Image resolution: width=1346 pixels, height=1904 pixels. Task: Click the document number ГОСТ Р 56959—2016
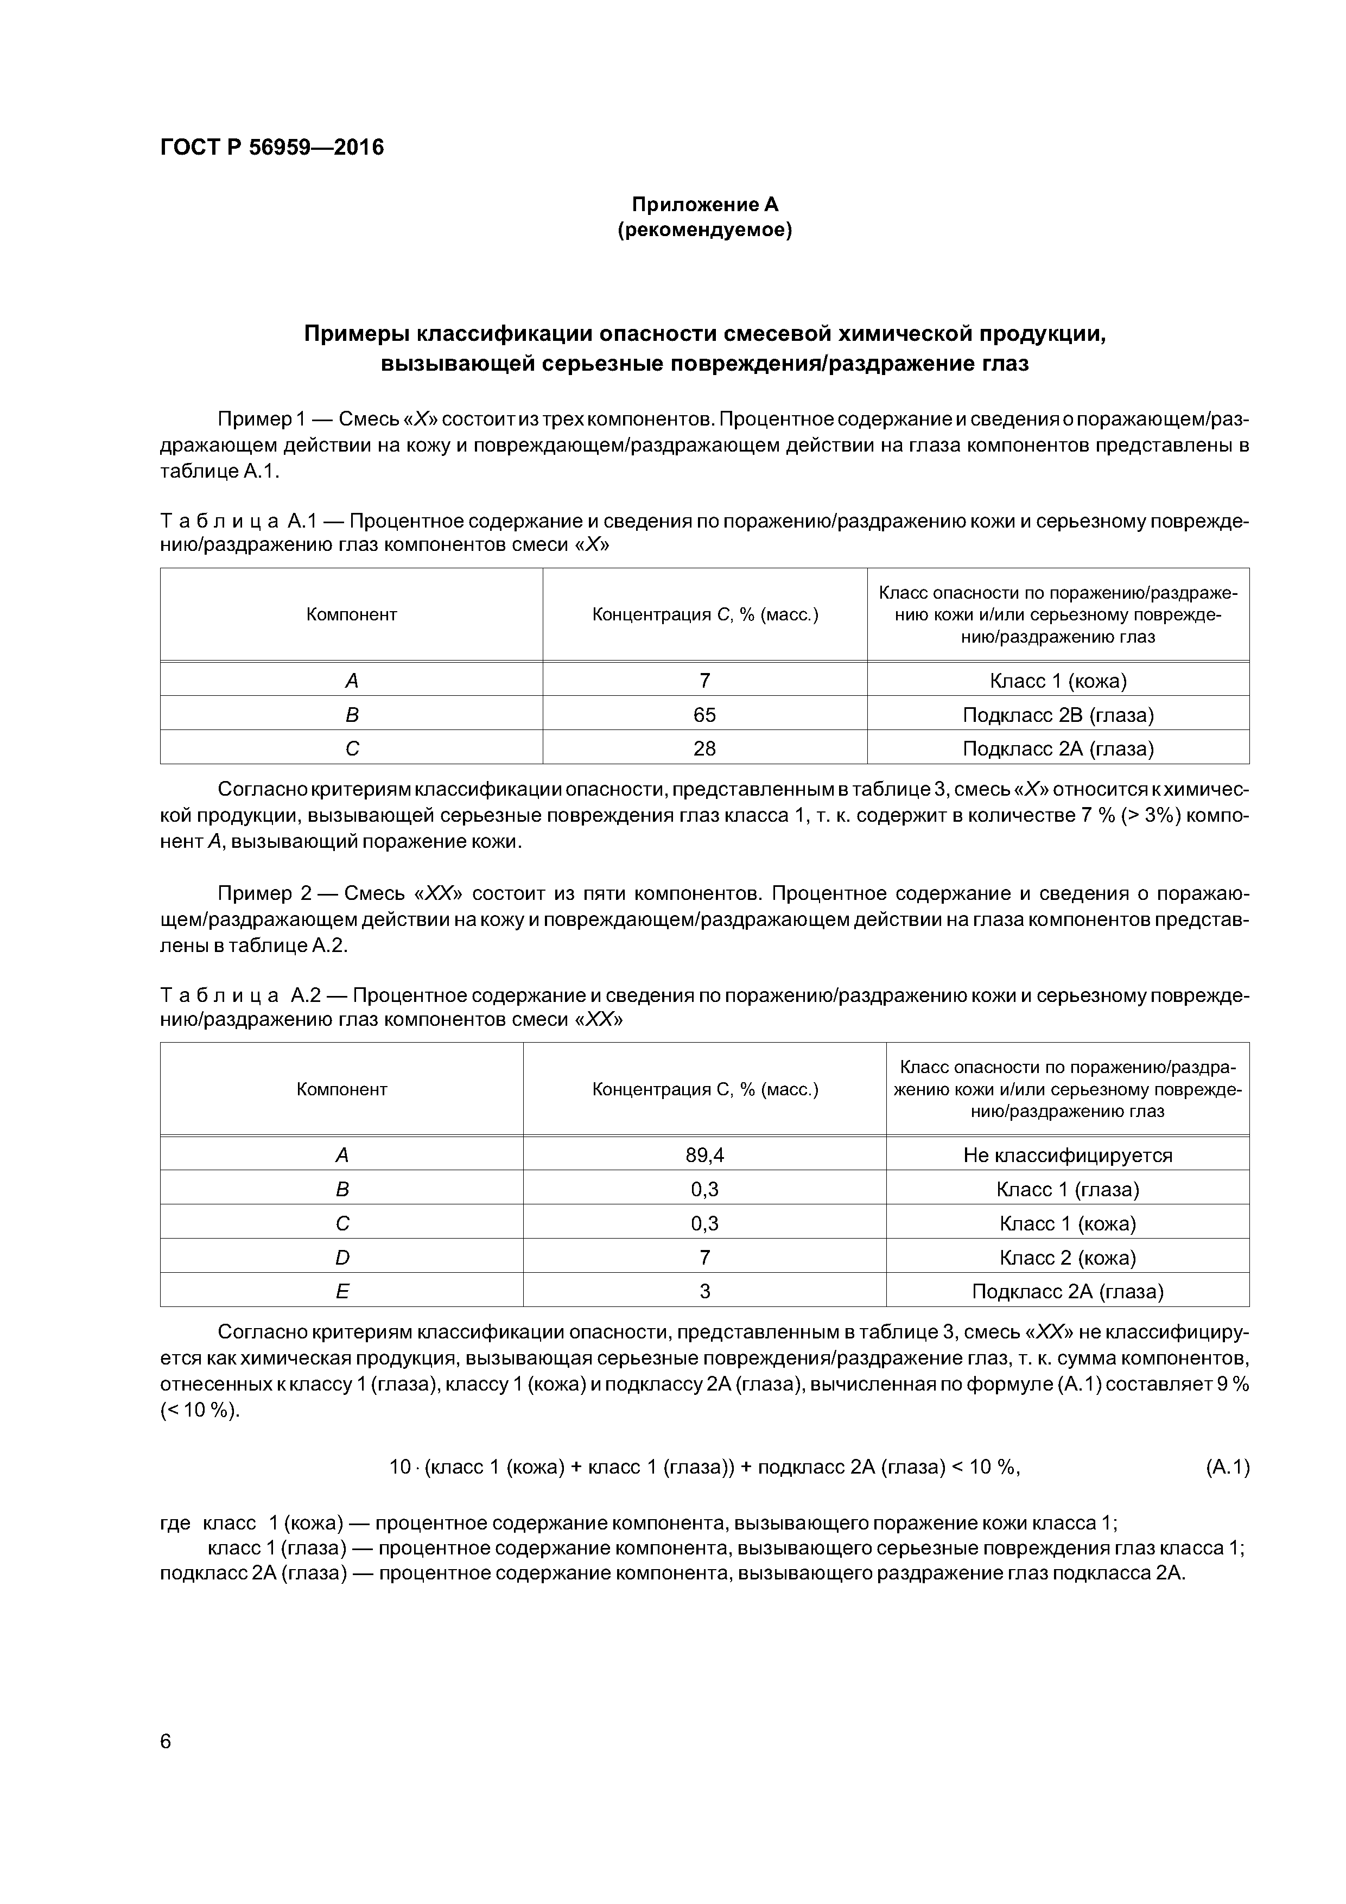(x=272, y=148)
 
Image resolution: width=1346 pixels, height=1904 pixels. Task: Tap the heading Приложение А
(x=705, y=204)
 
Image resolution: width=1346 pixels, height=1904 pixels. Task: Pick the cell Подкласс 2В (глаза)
(x=1058, y=715)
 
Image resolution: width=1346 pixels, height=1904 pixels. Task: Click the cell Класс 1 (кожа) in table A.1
(x=1058, y=681)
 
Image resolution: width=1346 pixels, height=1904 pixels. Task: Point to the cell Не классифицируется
(x=1068, y=1155)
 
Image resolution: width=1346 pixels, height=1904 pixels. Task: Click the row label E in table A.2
(x=342, y=1292)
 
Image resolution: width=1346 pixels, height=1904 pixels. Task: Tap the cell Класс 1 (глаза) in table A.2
(x=1068, y=1190)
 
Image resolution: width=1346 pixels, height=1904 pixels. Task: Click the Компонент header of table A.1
(x=352, y=614)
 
